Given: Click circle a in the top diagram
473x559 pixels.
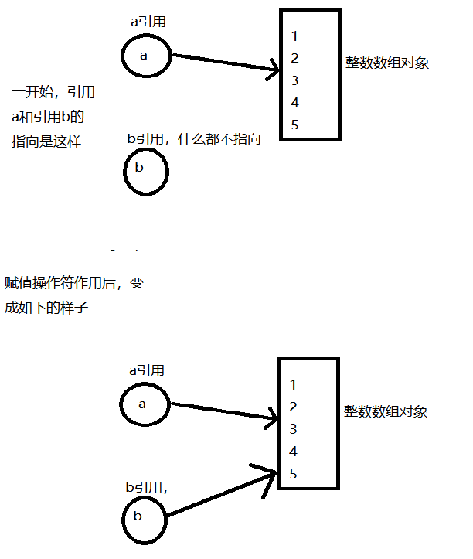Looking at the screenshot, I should (x=144, y=56).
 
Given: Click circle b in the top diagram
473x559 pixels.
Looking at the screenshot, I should (x=145, y=168).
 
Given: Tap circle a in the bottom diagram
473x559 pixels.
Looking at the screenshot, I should (x=142, y=404).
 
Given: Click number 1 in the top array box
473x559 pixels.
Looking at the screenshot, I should (x=295, y=36).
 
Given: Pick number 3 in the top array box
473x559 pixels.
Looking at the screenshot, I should (x=295, y=80).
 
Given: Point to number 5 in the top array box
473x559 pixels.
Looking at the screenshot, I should (x=295, y=124).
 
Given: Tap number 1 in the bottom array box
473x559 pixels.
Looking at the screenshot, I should (x=294, y=384).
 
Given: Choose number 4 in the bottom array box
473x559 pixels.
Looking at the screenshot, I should (x=294, y=451).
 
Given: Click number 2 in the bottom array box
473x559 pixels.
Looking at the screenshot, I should (x=294, y=407).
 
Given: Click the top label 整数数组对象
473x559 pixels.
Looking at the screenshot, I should (x=387, y=63).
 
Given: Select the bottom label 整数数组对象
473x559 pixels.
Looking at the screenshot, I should (x=386, y=412).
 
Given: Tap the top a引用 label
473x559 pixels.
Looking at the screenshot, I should (x=148, y=22).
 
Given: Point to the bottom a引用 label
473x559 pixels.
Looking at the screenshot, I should (x=147, y=370).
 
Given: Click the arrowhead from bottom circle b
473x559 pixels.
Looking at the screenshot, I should (x=269, y=472).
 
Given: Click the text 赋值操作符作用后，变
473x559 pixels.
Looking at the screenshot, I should (x=74, y=283).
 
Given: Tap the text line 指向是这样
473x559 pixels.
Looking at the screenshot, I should (x=46, y=141).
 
